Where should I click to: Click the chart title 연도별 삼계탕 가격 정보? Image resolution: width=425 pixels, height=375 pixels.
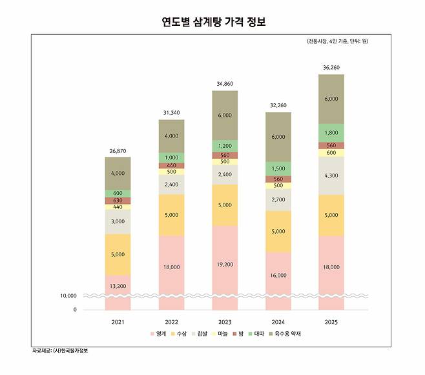(213, 21)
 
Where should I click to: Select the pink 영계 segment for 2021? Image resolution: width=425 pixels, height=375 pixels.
(118, 285)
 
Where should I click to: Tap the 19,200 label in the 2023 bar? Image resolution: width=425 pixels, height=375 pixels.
(225, 264)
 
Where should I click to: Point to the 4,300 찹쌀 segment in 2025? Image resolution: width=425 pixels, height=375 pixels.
(331, 175)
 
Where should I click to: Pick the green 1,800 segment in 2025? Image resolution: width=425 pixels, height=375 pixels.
(331, 132)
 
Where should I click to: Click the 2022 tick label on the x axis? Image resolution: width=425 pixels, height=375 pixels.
(171, 321)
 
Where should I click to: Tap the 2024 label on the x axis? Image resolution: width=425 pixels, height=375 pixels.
(278, 321)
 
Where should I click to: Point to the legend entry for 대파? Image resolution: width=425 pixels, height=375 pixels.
(256, 334)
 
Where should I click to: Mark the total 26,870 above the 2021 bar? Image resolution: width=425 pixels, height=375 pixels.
(118, 150)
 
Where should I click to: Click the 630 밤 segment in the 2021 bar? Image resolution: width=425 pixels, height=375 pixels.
(118, 200)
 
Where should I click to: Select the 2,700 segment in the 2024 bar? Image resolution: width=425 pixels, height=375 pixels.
(278, 199)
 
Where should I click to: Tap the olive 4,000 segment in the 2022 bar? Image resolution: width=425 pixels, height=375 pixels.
(171, 136)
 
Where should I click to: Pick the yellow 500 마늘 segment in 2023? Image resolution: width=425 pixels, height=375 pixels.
(225, 161)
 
